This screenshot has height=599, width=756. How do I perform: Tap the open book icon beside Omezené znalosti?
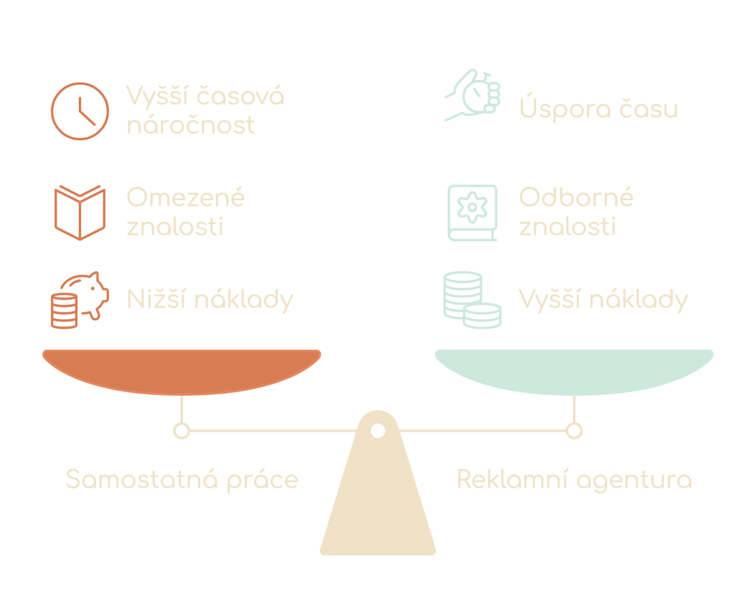click(x=79, y=212)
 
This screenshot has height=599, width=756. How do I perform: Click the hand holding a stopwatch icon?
click(x=472, y=96)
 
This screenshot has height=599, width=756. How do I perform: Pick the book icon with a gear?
click(x=472, y=212)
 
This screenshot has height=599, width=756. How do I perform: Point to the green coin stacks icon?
click(x=472, y=299)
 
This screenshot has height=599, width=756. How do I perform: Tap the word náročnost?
click(x=191, y=125)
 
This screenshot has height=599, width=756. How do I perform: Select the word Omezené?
click(x=185, y=198)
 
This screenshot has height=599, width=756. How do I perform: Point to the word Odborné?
click(x=576, y=198)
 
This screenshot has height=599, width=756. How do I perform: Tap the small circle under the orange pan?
click(x=181, y=431)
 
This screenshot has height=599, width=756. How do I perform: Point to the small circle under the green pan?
click(x=574, y=431)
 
